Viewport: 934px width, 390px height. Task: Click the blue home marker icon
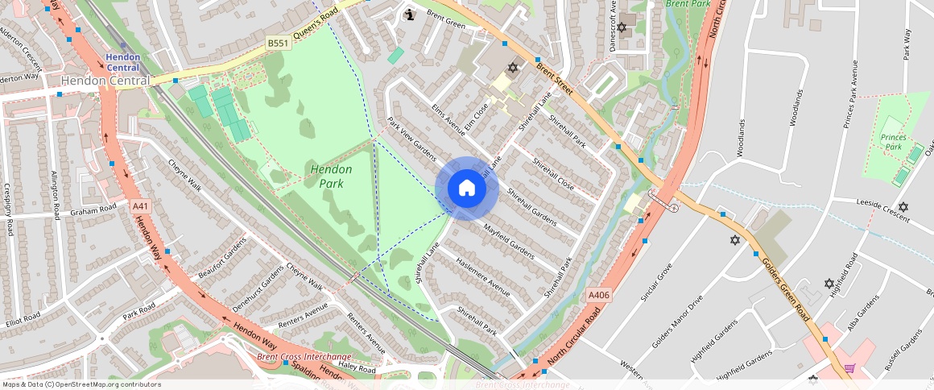(x=467, y=189)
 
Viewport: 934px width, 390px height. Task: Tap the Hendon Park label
(x=332, y=176)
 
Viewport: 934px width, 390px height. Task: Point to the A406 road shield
(x=599, y=296)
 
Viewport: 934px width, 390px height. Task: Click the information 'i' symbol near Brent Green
(x=410, y=14)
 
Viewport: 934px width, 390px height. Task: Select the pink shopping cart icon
(x=849, y=368)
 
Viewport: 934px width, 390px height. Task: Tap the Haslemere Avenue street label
(x=483, y=276)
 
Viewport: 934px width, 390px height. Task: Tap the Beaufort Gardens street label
(x=222, y=258)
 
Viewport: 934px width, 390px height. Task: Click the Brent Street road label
(x=553, y=80)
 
